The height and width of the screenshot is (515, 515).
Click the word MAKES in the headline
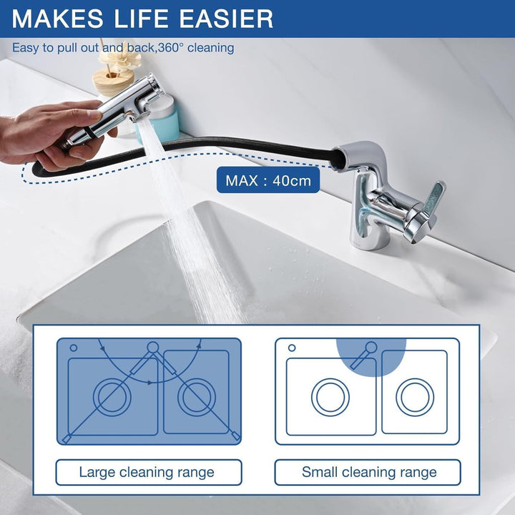[x=57, y=19]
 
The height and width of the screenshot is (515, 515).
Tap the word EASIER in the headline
[x=226, y=19]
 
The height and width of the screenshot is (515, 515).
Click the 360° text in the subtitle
[x=170, y=48]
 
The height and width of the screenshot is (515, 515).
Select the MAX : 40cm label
[x=268, y=180]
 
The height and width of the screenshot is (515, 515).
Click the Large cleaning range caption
[x=147, y=472]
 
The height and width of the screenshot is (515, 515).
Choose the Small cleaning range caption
[x=369, y=472]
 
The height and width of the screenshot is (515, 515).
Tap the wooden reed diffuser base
[x=112, y=82]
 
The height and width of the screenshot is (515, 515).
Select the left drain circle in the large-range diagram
[x=112, y=397]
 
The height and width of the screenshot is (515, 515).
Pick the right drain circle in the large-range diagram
[x=197, y=397]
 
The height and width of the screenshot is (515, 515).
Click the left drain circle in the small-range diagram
[x=330, y=397]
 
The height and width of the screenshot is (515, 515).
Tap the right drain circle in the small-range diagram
[x=415, y=397]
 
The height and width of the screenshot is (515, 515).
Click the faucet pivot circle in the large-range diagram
[x=153, y=347]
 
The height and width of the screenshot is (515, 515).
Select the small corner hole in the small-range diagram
[x=292, y=348]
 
